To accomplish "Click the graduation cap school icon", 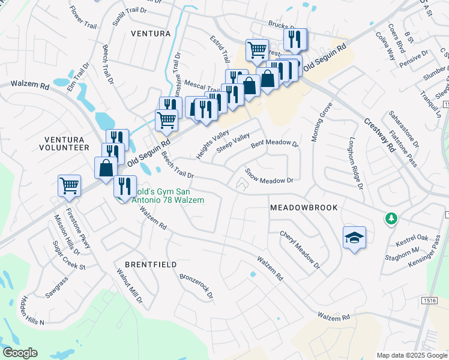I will tap(354, 238).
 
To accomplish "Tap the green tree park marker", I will tap(391, 218).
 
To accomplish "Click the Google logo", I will tap(20, 353).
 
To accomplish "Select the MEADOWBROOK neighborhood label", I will tap(304, 207).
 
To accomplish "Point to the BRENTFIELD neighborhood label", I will tap(151, 264).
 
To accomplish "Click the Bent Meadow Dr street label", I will tap(274, 144).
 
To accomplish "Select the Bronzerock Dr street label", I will tap(196, 286).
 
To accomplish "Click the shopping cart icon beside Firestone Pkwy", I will tap(69, 185).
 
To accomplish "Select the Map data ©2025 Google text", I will tap(411, 355).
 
